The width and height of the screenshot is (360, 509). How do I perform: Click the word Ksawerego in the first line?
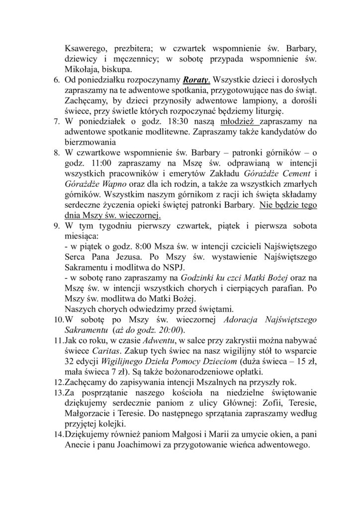coord(86,49)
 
